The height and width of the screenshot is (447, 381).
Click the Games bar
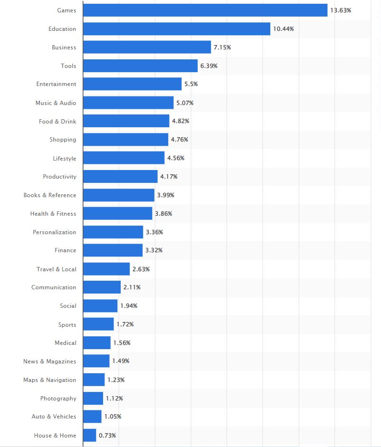pyautogui.click(x=205, y=10)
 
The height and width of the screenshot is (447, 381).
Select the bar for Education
pyautogui.click(x=177, y=29)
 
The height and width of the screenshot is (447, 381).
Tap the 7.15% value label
pyautogui.click(x=222, y=48)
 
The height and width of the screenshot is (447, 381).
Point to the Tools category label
pyautogui.click(x=68, y=66)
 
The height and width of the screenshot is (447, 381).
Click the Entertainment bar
pyautogui.click(x=132, y=84)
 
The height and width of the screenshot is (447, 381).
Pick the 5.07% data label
pyautogui.click(x=185, y=103)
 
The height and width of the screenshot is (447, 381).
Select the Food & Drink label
pyautogui.click(x=57, y=122)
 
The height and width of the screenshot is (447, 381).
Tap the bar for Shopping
pyautogui.click(x=125, y=140)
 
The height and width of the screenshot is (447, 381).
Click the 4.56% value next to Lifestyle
pyautogui.click(x=176, y=158)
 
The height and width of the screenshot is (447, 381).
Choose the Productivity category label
pyautogui.click(x=59, y=177)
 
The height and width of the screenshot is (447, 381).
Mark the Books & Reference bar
pyautogui.click(x=119, y=195)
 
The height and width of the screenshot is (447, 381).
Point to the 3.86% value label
pyautogui.click(x=163, y=214)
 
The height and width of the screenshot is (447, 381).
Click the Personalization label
pyautogui.click(x=54, y=232)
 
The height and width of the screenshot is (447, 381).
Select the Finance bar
pyautogui.click(x=113, y=250)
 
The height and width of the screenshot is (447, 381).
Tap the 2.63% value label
pyautogui.click(x=141, y=269)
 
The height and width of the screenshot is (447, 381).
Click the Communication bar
pyautogui.click(x=102, y=287)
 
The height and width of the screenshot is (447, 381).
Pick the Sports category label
pyautogui.click(x=67, y=325)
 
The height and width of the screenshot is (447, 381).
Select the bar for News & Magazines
pyautogui.click(x=96, y=361)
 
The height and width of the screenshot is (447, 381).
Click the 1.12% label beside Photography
pyautogui.click(x=114, y=399)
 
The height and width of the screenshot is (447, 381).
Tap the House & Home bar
pyautogui.click(x=89, y=435)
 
